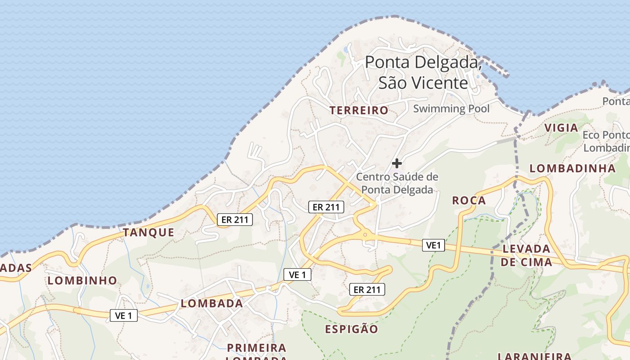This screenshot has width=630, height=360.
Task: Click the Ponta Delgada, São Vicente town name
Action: click(423, 72)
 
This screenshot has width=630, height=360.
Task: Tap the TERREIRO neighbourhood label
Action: click(359, 110)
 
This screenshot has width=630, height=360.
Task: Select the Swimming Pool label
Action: click(451, 108)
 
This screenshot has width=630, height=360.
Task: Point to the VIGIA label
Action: click(561, 128)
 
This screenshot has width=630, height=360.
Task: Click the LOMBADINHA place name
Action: click(572, 168)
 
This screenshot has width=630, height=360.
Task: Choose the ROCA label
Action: click(469, 200)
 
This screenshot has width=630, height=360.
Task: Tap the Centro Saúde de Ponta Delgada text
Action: click(397, 183)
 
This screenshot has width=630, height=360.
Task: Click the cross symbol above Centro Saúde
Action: click(397, 163)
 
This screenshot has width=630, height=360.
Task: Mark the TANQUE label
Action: click(148, 232)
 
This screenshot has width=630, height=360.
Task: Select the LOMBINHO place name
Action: click(82, 280)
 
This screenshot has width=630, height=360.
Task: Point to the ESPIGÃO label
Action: click(351, 329)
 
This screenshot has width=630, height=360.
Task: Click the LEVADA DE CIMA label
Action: click(526, 255)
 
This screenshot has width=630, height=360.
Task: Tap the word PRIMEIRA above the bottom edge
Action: click(256, 347)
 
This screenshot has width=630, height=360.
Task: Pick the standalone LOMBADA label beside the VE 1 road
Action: click(212, 303)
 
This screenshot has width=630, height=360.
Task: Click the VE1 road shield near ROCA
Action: click(433, 245)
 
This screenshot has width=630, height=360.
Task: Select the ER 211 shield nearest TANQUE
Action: click(234, 220)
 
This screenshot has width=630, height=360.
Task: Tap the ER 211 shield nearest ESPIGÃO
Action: click(367, 290)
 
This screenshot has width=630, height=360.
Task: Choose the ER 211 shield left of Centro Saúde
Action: click(326, 207)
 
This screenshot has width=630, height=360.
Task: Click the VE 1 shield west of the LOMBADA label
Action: click(124, 315)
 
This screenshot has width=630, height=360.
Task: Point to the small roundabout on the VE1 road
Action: click(365, 234)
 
